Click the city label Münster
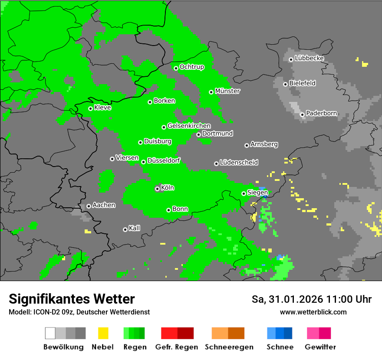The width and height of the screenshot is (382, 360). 227,91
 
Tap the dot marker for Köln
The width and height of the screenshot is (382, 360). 157,189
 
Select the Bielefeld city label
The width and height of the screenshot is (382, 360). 302,83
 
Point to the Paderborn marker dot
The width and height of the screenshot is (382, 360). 302,115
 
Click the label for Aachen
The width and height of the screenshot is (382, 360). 104,205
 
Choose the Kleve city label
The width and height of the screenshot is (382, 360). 102,108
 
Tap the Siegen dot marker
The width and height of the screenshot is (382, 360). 244,193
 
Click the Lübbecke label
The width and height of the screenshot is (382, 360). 309,59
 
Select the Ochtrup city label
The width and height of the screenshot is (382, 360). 191,67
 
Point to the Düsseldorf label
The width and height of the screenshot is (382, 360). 163,160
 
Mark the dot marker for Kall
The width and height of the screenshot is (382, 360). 125,229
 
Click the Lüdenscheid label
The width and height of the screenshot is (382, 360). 239,163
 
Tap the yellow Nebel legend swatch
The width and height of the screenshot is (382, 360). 103,333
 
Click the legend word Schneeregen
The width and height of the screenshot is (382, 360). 228,347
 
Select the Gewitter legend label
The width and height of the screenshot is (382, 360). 320,347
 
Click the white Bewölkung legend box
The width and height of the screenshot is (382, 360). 50,333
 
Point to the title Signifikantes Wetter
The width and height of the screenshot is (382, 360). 72,299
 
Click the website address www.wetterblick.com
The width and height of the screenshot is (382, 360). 313,312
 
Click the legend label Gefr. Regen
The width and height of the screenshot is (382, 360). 177,347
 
